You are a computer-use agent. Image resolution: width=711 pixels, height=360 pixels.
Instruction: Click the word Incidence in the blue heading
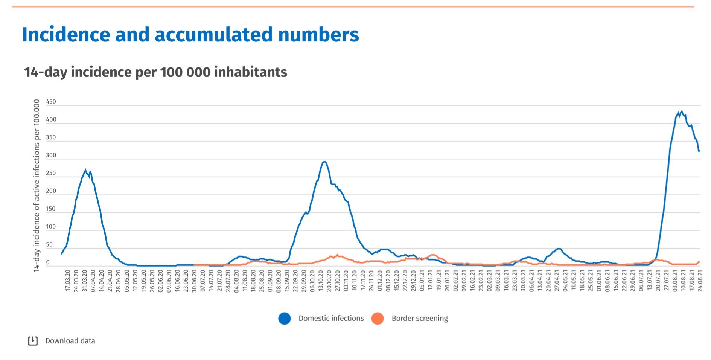click(x=66, y=35)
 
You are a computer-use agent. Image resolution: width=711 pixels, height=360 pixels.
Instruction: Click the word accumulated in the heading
click(x=213, y=35)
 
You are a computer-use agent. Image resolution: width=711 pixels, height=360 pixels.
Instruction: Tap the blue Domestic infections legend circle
click(x=285, y=319)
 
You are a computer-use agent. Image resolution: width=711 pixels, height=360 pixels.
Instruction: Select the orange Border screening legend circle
click(x=378, y=319)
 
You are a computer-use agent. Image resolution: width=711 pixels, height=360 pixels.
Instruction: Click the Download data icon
click(x=33, y=341)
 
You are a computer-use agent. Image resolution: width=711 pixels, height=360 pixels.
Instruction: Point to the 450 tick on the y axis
click(x=51, y=102)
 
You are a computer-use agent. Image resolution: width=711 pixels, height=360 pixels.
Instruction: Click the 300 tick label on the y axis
click(x=51, y=155)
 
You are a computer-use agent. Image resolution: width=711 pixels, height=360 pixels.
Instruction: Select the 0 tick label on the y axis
click(x=48, y=262)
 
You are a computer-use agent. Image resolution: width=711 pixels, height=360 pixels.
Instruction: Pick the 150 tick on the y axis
click(x=51, y=209)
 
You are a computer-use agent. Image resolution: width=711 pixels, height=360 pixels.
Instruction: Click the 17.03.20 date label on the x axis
click(x=68, y=281)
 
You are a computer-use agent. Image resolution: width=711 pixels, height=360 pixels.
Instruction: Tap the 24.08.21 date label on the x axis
click(x=700, y=281)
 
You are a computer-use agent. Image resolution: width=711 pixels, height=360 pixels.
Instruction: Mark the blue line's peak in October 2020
click(x=324, y=162)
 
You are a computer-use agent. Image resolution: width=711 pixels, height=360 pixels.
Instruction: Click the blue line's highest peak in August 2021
click(x=682, y=111)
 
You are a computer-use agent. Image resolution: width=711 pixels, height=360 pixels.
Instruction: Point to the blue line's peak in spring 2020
click(x=85, y=170)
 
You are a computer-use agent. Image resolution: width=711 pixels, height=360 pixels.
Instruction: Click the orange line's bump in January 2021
click(x=433, y=255)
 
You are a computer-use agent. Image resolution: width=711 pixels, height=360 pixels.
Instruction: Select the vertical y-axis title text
click(x=37, y=185)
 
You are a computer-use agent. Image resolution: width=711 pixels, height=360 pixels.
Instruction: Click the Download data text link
click(x=70, y=341)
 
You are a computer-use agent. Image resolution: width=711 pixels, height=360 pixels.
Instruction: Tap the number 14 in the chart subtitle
click(x=32, y=72)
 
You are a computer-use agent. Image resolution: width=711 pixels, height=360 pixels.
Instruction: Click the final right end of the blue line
click(x=699, y=151)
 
